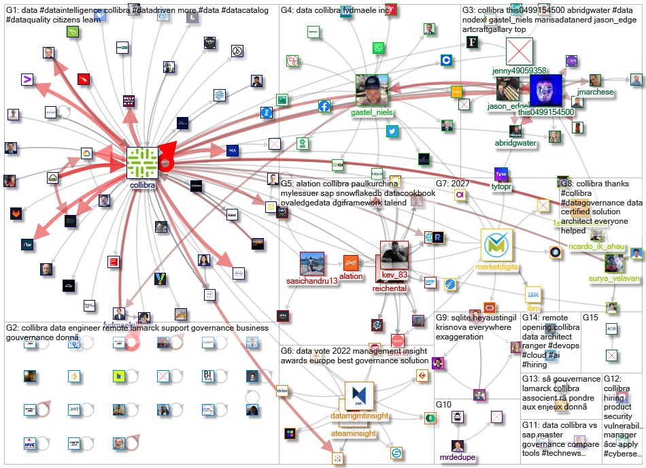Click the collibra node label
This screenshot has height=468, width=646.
pos(143,184)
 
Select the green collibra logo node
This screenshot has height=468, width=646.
pos(143,163)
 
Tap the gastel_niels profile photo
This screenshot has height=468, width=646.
pos(372,90)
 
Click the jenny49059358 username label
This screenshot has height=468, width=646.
pos(520,70)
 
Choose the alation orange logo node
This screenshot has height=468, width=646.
pos(351,262)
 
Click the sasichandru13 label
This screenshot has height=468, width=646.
pos(315,281)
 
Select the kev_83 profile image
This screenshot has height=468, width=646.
pos(393,256)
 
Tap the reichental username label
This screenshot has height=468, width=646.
pos(389,288)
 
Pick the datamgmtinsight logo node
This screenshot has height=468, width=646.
pos(358,397)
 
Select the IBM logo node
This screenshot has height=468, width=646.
pos(533,295)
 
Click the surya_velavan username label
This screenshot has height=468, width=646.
pos(617,279)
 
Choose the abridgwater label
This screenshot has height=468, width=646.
pos(517,143)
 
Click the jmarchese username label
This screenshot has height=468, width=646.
pos(594,92)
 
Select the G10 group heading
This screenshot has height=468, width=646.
pos(443,404)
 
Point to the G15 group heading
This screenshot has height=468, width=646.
pos(590,317)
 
